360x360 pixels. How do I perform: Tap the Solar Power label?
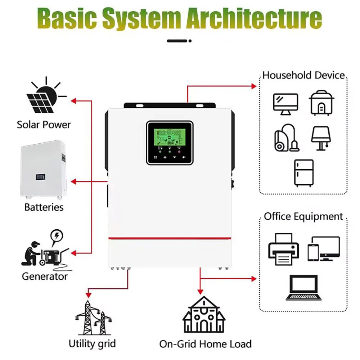click(44, 125)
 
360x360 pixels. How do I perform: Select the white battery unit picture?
click(44, 169)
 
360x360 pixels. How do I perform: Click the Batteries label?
click(44, 207)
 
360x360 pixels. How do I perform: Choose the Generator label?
click(45, 276)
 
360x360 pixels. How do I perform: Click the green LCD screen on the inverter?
click(170, 136)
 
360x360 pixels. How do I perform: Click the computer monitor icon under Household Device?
click(286, 104)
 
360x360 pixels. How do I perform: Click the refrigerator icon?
click(303, 172)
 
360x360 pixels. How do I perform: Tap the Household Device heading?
click(303, 75)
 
